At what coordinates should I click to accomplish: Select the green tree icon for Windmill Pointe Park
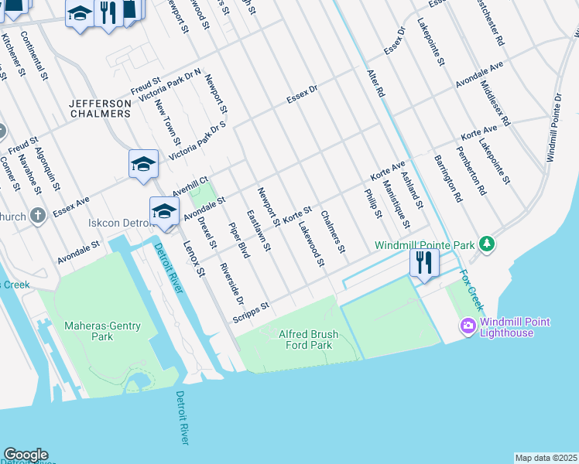click(x=486, y=244)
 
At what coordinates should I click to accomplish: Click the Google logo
click(x=26, y=455)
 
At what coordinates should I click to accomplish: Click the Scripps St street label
click(x=251, y=312)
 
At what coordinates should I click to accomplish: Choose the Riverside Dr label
click(x=231, y=284)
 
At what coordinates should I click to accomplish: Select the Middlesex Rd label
click(x=495, y=103)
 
